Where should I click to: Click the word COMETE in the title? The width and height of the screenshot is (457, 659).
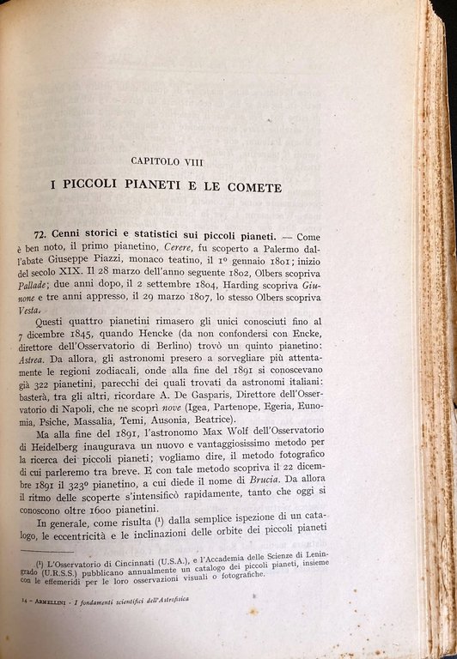click(x=261, y=186)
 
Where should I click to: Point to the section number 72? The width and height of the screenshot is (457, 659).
click(x=43, y=233)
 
